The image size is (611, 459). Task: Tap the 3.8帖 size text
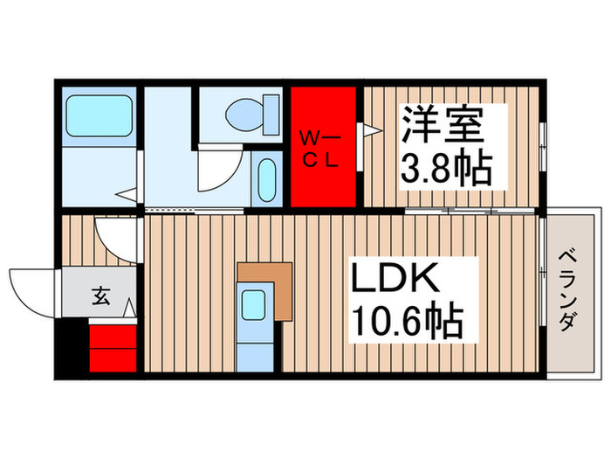pos(443,166)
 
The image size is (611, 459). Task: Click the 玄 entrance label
pos(100,297)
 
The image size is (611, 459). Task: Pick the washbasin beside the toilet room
pos(267,178)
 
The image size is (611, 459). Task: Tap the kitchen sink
pos(257,305)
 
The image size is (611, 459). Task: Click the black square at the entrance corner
pos(72,349)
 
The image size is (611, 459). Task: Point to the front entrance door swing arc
pos(31,289)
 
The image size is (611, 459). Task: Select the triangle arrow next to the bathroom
pos(128,195)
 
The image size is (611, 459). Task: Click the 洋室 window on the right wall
pos(544,150)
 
